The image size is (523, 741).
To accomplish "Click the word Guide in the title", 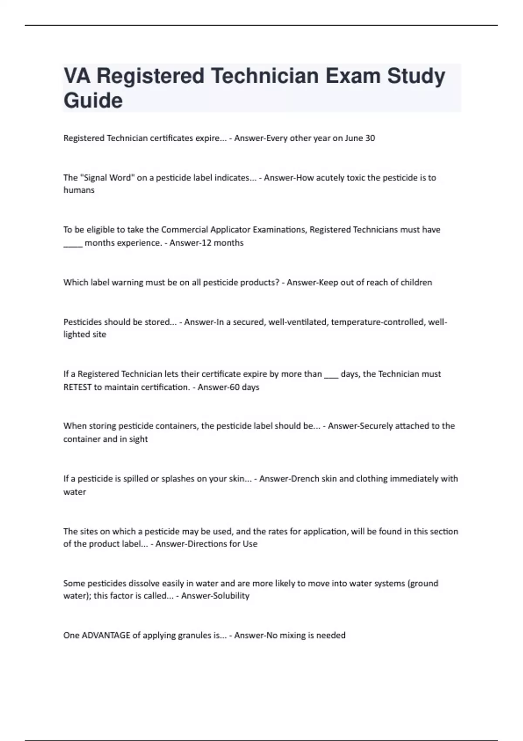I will click(x=93, y=100).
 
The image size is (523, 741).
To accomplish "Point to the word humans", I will click(x=79, y=190).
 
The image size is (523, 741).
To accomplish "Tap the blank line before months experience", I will click(x=73, y=244).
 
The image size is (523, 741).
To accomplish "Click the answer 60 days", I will click(x=244, y=387).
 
